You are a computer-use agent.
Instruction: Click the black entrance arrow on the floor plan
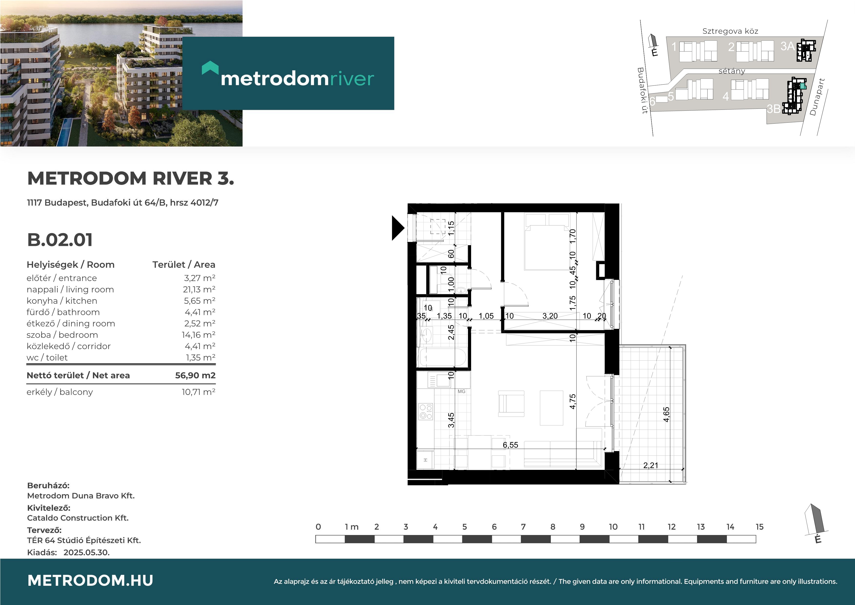(398, 228)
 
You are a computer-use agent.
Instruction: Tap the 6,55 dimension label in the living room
(510, 445)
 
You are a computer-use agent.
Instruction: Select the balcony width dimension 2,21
(651, 465)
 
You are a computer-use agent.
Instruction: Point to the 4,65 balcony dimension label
(667, 414)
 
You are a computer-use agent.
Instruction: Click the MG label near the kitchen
(461, 391)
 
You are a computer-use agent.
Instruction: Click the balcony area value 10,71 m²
(198, 392)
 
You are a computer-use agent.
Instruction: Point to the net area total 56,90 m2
(195, 375)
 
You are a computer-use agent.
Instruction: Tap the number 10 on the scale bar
(613, 527)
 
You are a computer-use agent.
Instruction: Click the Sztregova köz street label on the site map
(730, 31)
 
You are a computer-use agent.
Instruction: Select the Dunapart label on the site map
(817, 97)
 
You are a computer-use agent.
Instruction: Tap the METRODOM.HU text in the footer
(90, 580)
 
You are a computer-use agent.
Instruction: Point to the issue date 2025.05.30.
(86, 553)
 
